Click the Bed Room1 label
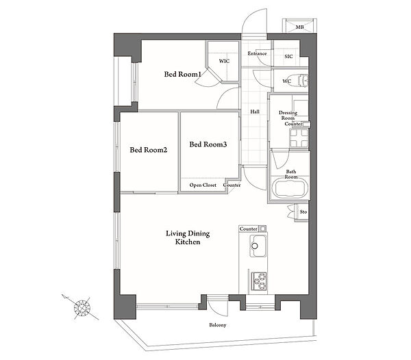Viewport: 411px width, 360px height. (x=182, y=75)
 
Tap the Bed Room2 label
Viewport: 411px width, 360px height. (x=149, y=150)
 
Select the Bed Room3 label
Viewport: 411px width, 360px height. (x=208, y=144)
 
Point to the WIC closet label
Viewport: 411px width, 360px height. (x=225, y=61)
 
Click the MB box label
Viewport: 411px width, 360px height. (x=299, y=27)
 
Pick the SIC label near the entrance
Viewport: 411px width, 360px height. (x=288, y=57)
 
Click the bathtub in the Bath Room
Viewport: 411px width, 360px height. (x=289, y=188)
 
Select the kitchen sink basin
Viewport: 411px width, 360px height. (x=258, y=246)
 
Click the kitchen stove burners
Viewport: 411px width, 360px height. (x=259, y=281)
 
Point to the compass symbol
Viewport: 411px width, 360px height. (x=82, y=307)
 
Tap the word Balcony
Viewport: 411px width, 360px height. (x=218, y=325)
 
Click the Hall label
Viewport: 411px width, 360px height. (x=255, y=112)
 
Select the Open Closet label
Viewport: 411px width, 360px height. (x=203, y=185)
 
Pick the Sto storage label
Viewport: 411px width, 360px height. (x=303, y=211)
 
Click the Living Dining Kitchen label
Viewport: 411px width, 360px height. (x=188, y=237)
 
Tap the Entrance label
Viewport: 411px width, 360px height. (x=257, y=53)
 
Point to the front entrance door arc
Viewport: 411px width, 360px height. (x=249, y=16)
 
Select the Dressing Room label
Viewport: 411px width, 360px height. (x=288, y=116)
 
